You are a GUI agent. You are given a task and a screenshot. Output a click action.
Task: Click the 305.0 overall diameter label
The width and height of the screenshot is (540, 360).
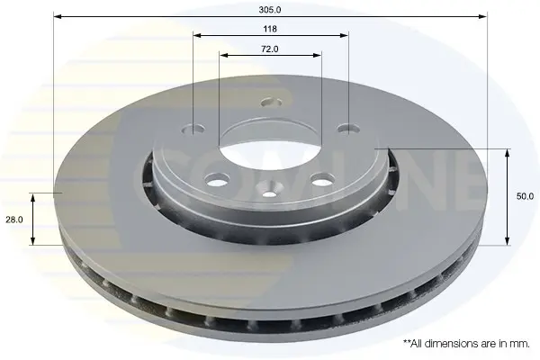[x=270, y=10]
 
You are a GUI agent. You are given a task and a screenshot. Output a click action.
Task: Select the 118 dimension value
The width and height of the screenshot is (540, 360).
[x=270, y=29]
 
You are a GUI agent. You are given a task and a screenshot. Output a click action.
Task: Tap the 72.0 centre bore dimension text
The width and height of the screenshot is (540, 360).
[x=270, y=49]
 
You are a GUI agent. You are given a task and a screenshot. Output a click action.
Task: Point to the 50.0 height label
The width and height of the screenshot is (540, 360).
[x=525, y=196]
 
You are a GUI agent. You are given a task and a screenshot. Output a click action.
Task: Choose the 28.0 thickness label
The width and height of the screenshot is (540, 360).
[x=14, y=220]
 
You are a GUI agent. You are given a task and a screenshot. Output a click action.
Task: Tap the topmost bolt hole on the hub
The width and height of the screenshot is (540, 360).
[x=271, y=103]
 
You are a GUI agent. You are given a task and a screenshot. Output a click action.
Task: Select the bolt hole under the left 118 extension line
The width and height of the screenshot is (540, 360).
[x=193, y=130]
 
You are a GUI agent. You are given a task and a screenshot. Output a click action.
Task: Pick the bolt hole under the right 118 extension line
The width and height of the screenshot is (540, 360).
[x=348, y=129]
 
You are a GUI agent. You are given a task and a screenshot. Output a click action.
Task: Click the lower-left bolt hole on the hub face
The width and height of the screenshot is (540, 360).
[x=217, y=178]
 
